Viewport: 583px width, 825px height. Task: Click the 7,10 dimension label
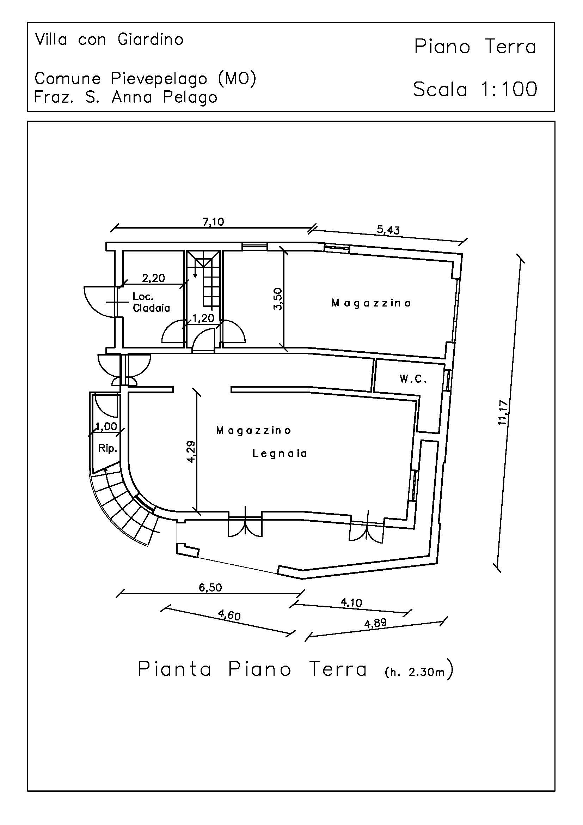coord(213,222)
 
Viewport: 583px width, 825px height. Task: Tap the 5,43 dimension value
coord(388,230)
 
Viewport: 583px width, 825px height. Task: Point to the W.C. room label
coord(413,379)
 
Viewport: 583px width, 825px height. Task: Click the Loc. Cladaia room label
coord(151,302)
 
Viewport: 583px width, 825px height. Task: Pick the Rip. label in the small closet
coord(108,448)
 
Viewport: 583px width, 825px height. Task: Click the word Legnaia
coord(280,454)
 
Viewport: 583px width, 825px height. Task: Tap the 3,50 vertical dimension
coord(278,299)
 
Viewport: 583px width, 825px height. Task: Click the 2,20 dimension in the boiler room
coord(153,278)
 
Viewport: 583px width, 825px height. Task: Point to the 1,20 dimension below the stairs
coord(203,318)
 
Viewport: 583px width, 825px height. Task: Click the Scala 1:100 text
coord(475,89)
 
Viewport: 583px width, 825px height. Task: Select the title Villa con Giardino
coord(109,40)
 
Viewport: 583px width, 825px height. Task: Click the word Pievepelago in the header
coord(159,79)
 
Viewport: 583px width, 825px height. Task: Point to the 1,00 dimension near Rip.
coord(106,426)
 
